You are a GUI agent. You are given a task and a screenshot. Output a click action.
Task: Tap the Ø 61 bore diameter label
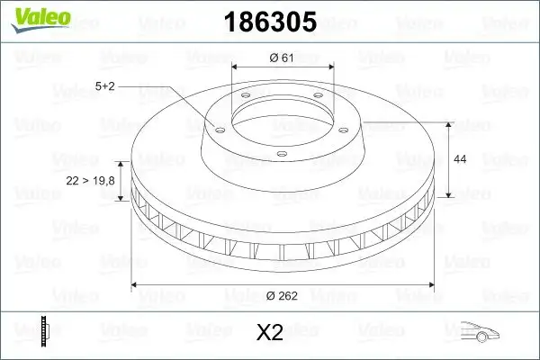[x=283, y=58]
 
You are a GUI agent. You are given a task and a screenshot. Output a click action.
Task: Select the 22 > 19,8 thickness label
[x=91, y=181]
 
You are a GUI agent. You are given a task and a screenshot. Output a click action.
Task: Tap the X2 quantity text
[x=270, y=333]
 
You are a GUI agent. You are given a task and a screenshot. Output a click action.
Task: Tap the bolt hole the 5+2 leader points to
[x=216, y=127]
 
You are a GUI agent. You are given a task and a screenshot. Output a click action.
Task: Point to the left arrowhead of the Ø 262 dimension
[x=136, y=284]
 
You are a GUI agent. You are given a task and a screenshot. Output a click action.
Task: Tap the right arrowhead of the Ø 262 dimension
[x=430, y=284]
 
